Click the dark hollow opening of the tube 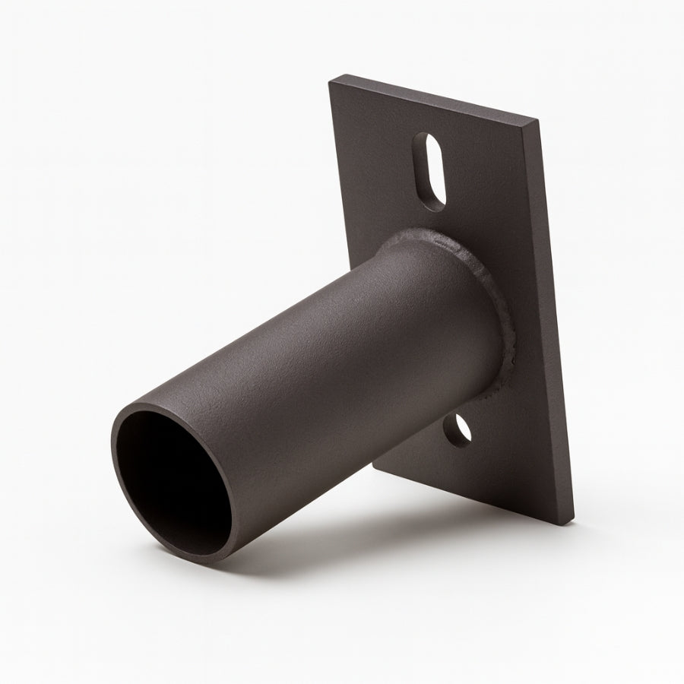pos(179,479)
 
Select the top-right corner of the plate pos(538,119)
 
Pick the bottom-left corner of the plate pos(374,464)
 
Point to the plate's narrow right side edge pos(556,319)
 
